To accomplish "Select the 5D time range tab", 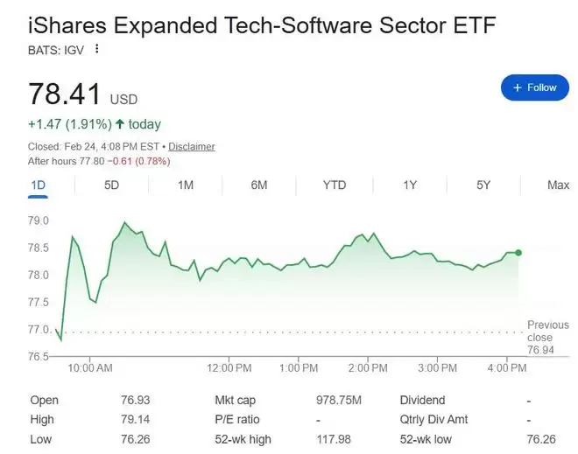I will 111,185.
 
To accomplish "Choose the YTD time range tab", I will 334,185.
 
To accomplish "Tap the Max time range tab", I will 558,185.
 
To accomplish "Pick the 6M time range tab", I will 258,185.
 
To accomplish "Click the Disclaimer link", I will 191,147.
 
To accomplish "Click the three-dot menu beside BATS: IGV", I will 97,49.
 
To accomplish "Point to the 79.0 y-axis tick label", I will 39,220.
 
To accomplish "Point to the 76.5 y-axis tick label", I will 39,357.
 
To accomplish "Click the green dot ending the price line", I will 518,253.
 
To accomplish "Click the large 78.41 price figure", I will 65,94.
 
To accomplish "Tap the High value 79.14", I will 135,419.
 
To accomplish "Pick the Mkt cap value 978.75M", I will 338,400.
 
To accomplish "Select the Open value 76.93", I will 135,400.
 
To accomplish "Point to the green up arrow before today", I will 118,124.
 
